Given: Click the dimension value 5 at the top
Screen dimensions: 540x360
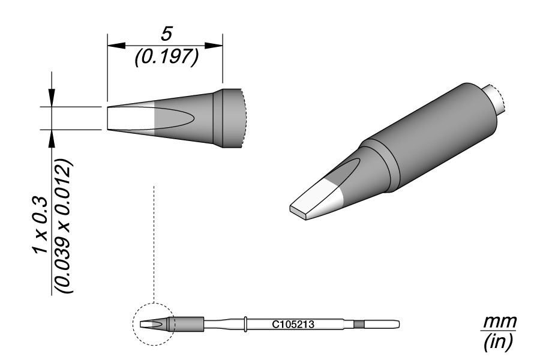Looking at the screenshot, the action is tap(166, 35).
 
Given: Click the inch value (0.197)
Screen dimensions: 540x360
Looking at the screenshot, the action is tap(166, 57).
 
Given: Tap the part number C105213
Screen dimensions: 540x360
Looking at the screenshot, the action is tap(293, 324).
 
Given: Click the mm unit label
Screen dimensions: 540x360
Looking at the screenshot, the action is tap(500, 322).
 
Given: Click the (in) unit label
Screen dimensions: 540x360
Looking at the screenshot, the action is tap(499, 341).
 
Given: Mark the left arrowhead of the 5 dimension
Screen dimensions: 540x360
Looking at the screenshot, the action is tap(116, 45).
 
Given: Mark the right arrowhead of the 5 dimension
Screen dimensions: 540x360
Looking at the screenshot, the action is tap(214, 45).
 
